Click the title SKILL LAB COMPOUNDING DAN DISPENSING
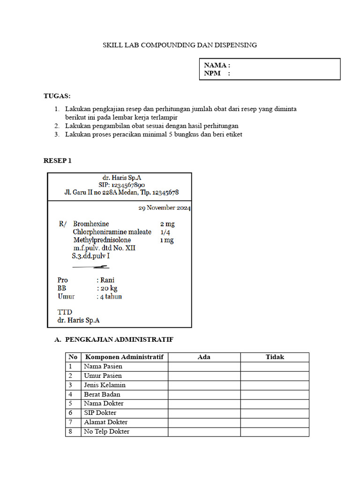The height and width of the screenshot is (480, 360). point(180,45)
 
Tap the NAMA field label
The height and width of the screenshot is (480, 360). point(217,65)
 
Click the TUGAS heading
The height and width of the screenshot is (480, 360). point(57,96)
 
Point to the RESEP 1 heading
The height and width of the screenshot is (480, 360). point(57,161)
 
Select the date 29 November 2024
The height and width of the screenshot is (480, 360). point(164,208)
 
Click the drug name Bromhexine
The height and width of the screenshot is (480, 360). point(91,224)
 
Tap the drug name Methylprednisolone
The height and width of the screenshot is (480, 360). point(102,240)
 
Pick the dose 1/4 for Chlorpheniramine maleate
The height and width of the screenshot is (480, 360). point(165,232)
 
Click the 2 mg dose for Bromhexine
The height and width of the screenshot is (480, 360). point(167,224)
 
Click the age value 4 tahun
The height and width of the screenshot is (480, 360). point(111,297)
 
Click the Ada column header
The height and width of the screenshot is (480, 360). point(204,357)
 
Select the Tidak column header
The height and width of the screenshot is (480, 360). point(275,357)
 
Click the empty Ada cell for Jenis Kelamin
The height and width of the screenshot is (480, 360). point(204,385)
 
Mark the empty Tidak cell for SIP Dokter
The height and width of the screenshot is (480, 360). point(275,413)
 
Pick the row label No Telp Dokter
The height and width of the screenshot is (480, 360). point(106,431)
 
